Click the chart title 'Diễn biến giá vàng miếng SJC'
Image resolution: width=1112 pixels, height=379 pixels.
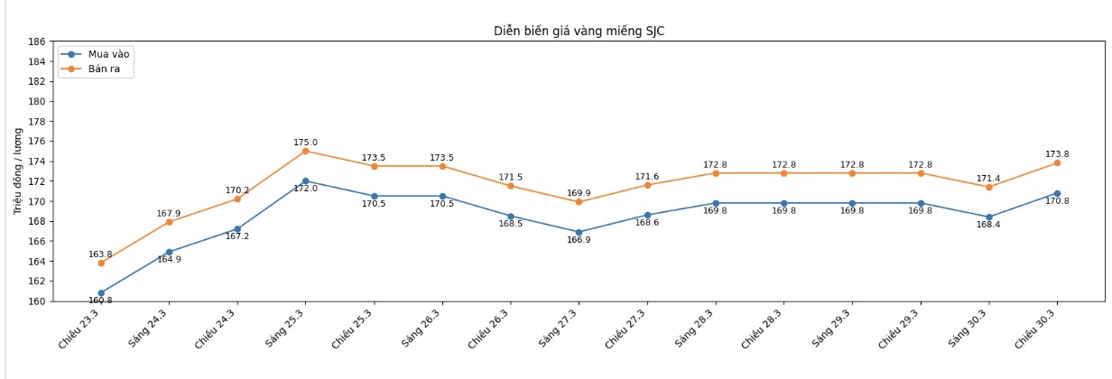click(x=579, y=31)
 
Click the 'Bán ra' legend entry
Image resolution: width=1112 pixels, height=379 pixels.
click(x=106, y=69)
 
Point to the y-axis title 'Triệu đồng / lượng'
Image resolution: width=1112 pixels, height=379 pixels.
click(x=17, y=171)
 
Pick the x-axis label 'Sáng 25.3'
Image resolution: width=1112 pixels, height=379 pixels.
click(x=285, y=328)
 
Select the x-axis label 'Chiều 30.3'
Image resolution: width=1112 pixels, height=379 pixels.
click(x=1037, y=329)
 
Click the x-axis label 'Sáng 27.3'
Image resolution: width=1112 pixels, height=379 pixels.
click(x=559, y=328)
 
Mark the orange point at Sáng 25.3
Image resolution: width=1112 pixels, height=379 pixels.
click(x=305, y=151)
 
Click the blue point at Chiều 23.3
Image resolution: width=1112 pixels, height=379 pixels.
click(x=100, y=293)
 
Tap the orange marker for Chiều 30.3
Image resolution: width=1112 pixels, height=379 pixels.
click(x=1057, y=162)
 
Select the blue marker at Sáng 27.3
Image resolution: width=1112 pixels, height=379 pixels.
click(x=579, y=232)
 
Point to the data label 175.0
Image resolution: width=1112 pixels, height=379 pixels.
click(x=305, y=143)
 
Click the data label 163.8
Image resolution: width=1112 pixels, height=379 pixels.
click(x=100, y=254)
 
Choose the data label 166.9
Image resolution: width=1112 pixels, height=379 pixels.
click(x=579, y=240)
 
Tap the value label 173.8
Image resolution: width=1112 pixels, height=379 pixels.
click(x=1057, y=154)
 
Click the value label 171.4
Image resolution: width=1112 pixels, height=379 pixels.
click(x=988, y=179)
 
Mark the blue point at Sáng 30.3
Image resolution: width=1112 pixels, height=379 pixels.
click(x=988, y=217)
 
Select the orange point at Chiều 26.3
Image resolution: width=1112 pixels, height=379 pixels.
click(x=510, y=186)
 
